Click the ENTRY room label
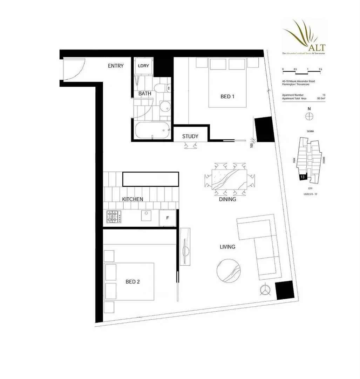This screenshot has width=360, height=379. pos(116,66)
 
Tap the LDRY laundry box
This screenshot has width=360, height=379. pos(143,66)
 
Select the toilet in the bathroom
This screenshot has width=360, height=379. pos(163,88)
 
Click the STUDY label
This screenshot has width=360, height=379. pos(190,136)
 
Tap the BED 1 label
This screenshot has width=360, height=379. pos(227,96)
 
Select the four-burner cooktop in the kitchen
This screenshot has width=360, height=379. pos(114,217)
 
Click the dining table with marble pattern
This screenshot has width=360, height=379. pos(229,180)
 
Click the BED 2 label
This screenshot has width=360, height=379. pos(133,281)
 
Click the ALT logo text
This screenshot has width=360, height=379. pos(317,47)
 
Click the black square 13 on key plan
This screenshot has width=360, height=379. pos(302,177)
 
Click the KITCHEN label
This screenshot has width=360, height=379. pos(133,199)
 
